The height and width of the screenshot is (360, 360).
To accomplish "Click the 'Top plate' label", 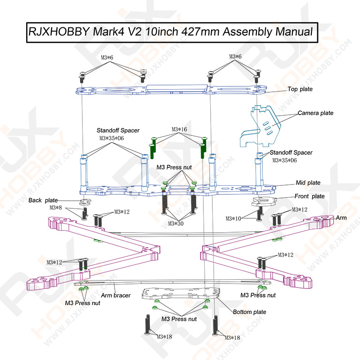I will coord(300,90).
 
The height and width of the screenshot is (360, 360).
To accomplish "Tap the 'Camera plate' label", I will coord(315,113).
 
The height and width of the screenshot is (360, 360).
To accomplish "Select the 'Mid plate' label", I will coord(308,183).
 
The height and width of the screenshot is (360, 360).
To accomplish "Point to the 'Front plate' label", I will coord(310,197).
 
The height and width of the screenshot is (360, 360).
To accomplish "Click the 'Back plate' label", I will coord(43,200).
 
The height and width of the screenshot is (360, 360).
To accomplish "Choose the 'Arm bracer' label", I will coord(116,296).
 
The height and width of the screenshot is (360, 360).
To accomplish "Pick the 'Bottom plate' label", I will coord(249,312).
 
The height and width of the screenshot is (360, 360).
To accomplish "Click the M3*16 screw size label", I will coord(179,130).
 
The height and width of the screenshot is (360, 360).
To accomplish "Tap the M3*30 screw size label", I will coord(176,223).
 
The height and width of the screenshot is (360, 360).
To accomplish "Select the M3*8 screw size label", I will coord(56,208).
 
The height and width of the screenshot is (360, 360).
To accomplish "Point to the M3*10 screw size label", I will coord(233,219).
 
